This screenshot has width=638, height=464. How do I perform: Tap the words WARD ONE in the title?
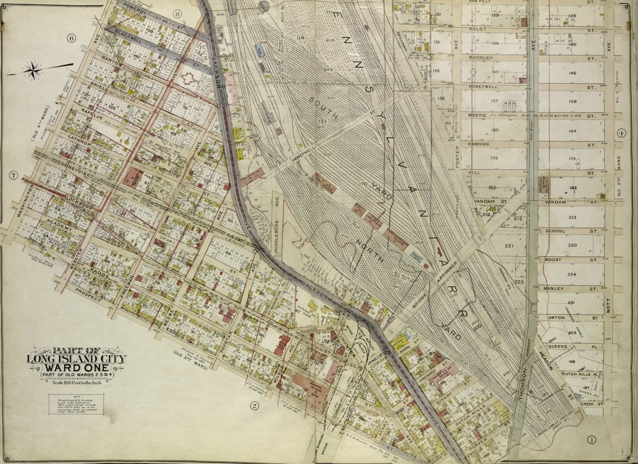click(x=76, y=366)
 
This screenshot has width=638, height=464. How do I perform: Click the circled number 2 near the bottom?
click(x=254, y=405)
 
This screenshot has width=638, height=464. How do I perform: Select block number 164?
click(x=572, y=130)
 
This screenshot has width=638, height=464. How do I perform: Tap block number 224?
click(x=572, y=274)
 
